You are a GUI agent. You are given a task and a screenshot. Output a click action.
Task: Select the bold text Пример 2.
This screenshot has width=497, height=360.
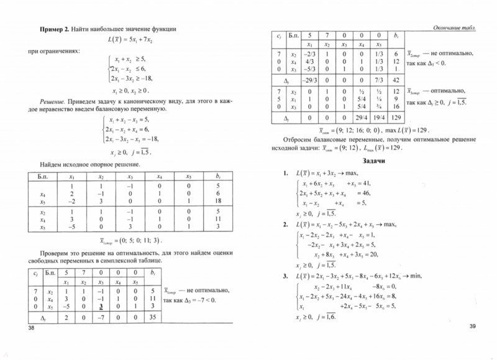tap(56, 29)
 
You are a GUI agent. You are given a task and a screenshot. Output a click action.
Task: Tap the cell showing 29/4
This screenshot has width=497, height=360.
tap(353, 117)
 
